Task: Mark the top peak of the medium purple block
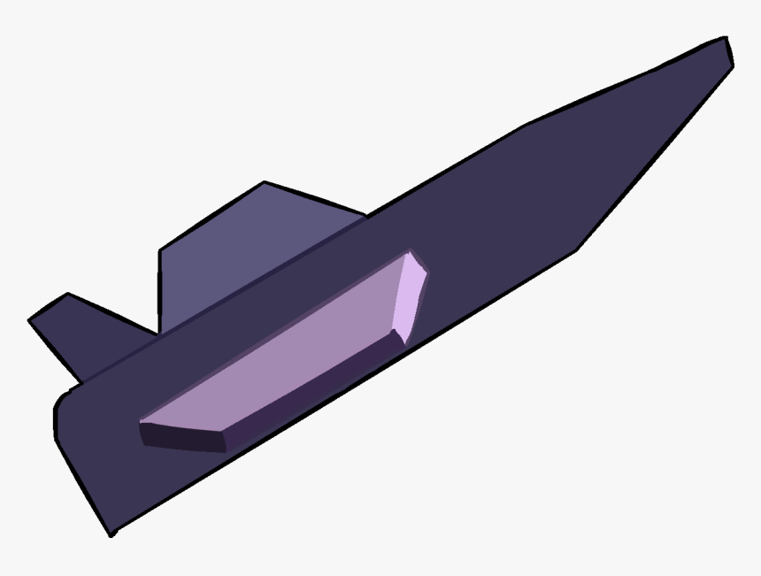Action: pos(265,183)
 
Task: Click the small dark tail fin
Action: pos(88,332)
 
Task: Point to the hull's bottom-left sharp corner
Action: pos(112,534)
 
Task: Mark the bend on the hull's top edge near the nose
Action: pos(524,126)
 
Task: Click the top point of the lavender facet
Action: pos(411,253)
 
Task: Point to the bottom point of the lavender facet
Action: pos(403,343)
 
